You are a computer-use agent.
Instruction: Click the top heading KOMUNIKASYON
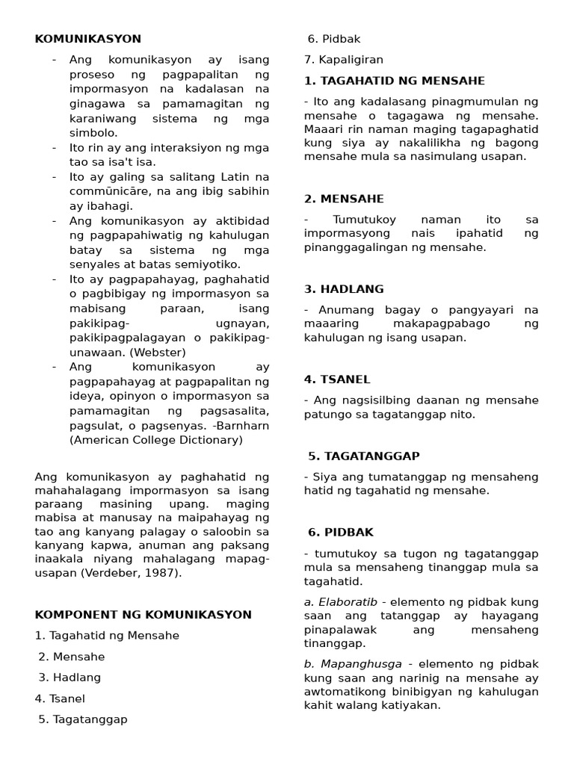point(87,39)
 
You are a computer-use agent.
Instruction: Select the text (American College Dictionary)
point(156,440)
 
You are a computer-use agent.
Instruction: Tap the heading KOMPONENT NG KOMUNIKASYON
point(143,615)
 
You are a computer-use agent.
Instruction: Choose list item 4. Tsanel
point(60,699)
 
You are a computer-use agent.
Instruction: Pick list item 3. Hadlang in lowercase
point(70,678)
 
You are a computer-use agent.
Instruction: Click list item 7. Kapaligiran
point(343,60)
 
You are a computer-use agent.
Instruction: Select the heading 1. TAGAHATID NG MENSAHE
point(395,81)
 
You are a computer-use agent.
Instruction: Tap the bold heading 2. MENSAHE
point(344,199)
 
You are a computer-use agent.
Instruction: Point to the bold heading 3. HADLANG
point(344,289)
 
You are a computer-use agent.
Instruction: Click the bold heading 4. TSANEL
point(337,380)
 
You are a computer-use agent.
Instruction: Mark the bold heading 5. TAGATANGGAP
point(364,456)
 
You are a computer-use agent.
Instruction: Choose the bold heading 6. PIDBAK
point(340,533)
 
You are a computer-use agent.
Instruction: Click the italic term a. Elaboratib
point(342,602)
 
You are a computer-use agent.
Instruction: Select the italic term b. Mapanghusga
point(353,663)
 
